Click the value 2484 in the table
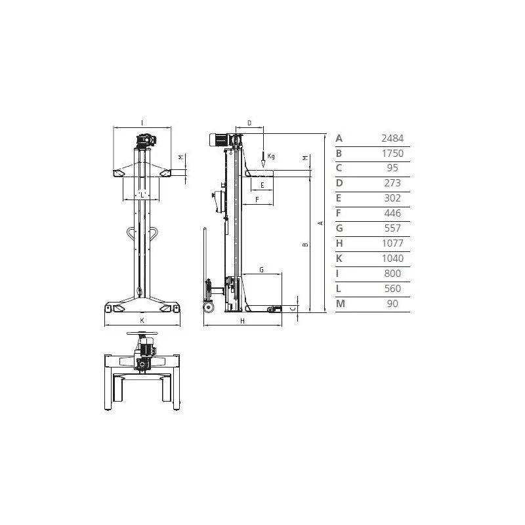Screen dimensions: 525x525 coord(392,138)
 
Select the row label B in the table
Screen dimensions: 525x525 coord(339,154)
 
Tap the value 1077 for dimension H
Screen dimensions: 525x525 coord(392,243)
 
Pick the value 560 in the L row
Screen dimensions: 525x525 coord(392,289)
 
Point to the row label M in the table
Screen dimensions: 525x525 coord(340,304)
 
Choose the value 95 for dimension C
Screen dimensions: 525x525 coord(392,168)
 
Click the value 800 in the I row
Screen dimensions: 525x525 coord(392,274)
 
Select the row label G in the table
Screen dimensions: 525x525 coord(339,228)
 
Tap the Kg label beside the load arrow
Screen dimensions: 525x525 coord(271,156)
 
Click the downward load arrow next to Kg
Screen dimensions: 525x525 coord(263,159)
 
